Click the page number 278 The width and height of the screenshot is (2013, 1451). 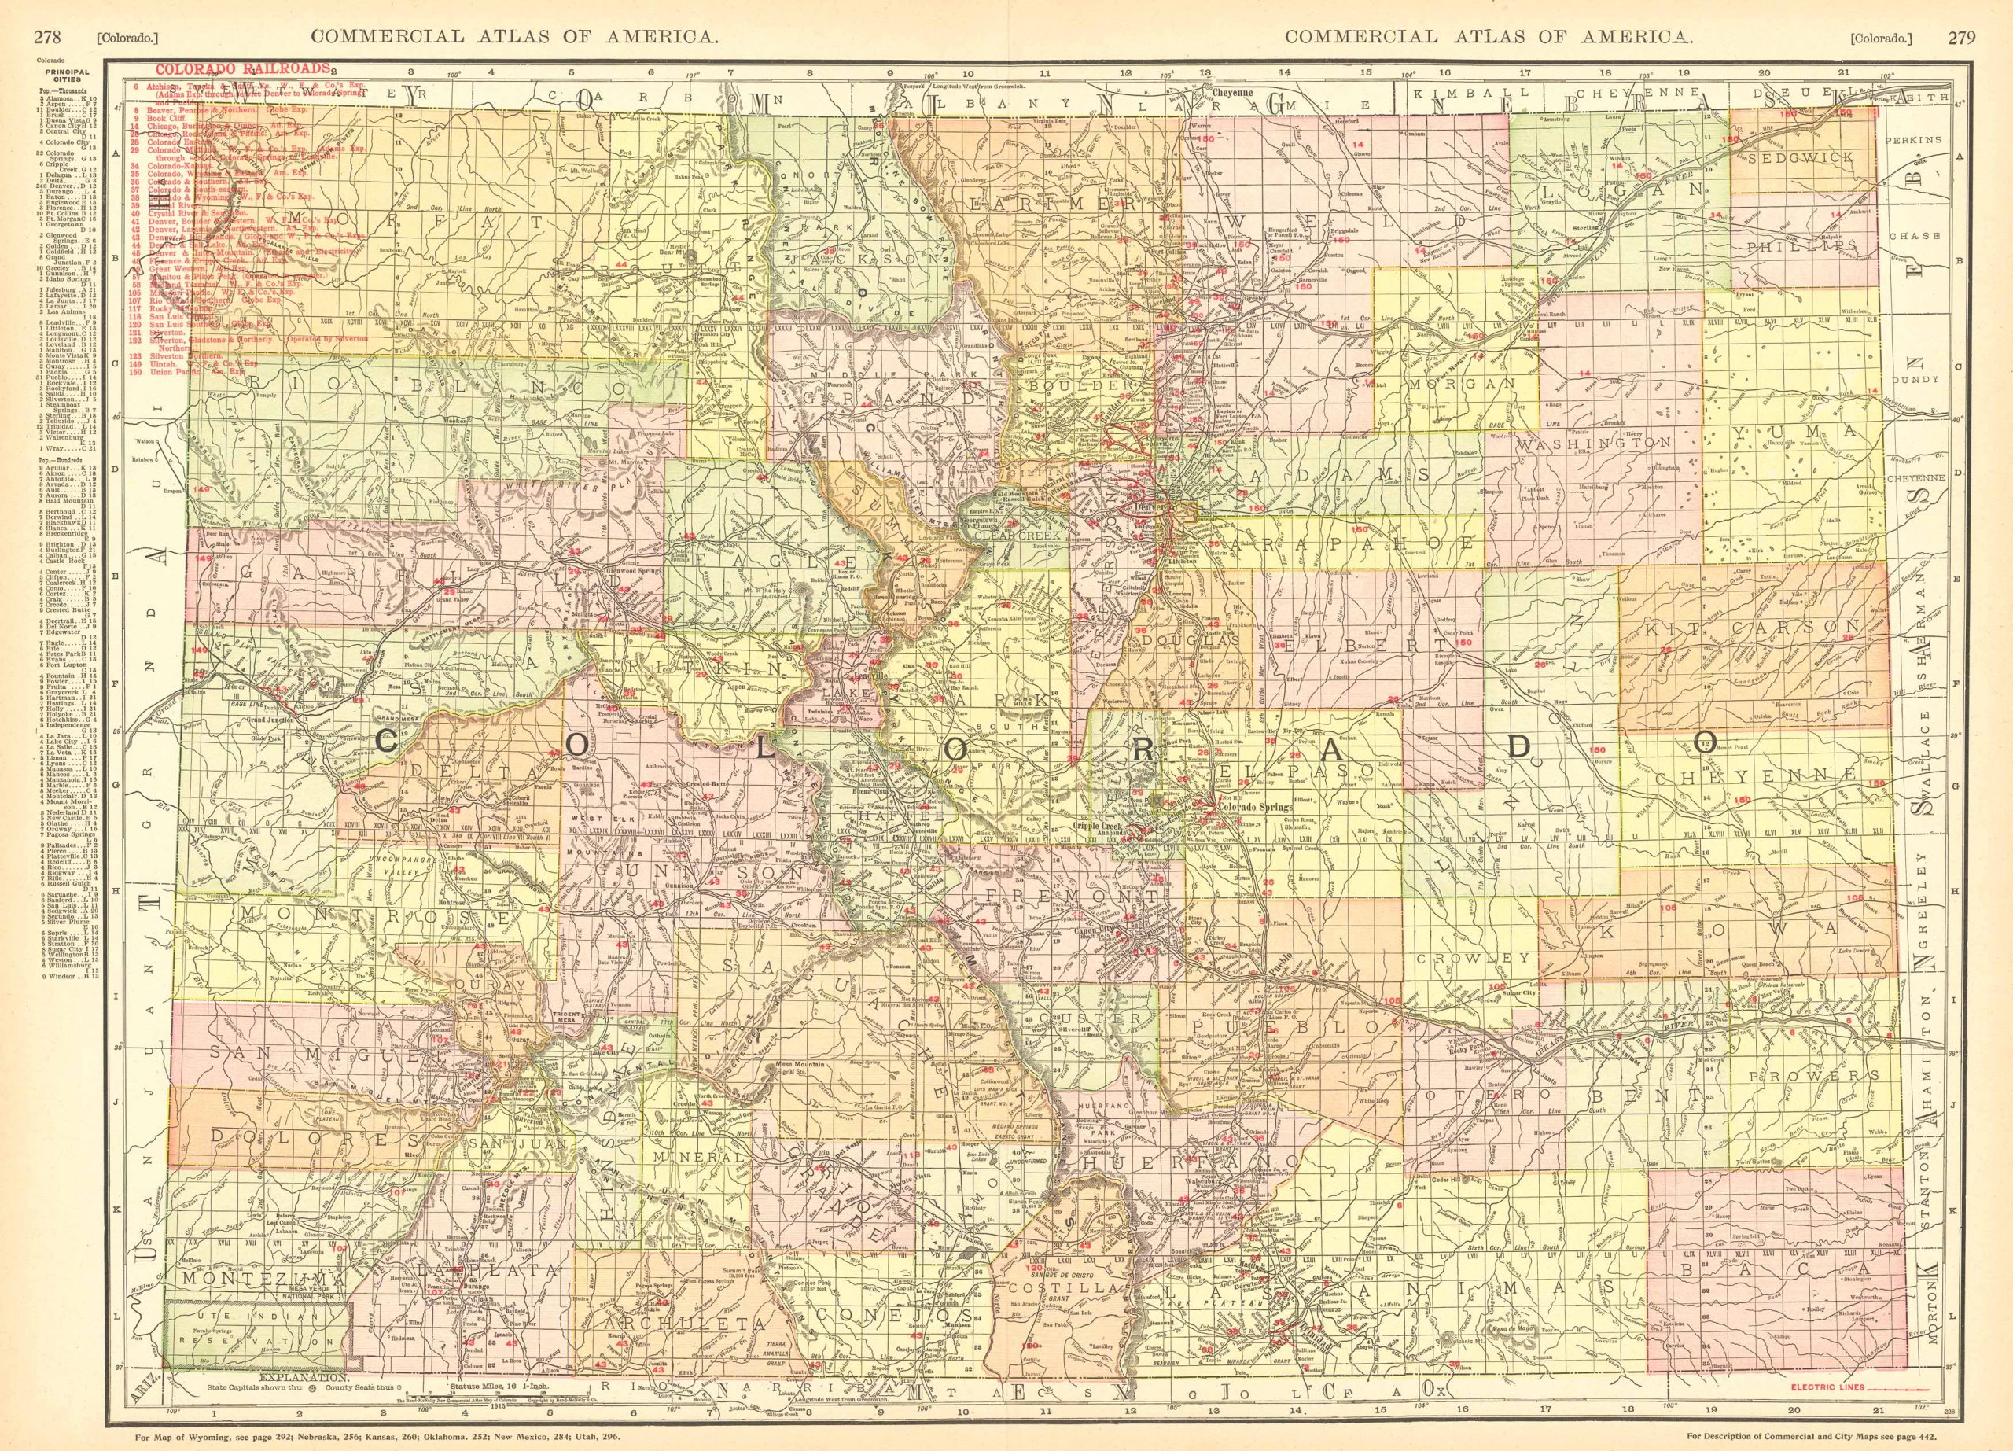[46, 12]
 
